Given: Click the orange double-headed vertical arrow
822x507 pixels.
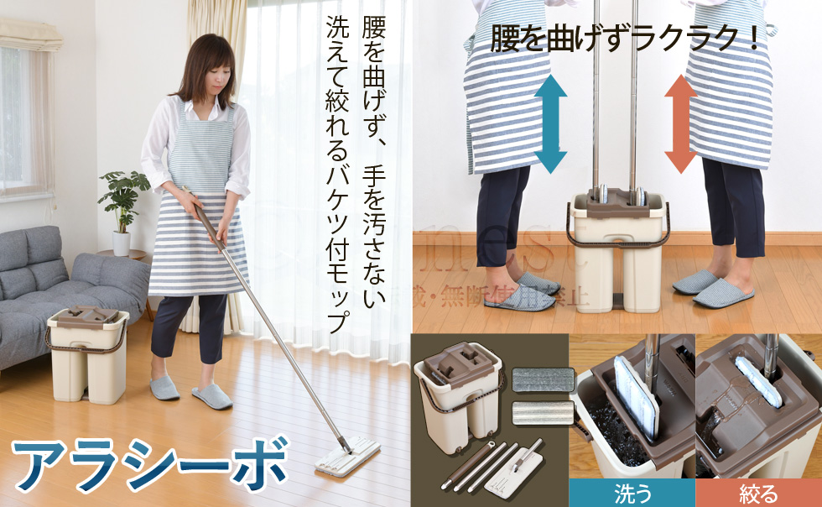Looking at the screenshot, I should (680, 123).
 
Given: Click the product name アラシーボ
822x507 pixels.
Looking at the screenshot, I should (150, 463).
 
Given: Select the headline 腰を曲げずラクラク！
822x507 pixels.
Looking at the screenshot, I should (626, 39).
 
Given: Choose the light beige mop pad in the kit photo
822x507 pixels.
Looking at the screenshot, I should (542, 412).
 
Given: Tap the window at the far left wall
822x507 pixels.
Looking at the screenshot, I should (16, 118).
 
